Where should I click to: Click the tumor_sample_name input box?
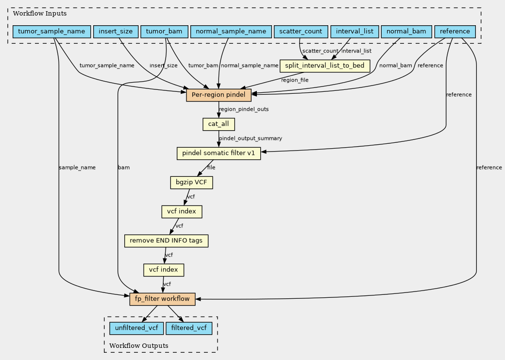pos(51,32)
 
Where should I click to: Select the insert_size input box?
pos(115,32)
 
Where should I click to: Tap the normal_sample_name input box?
pos(231,32)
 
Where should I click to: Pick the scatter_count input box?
pos(301,32)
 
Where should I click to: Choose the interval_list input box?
pos(354,32)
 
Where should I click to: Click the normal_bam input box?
pos(406,32)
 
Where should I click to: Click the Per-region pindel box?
pos(219,95)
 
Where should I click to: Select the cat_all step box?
pos(219,124)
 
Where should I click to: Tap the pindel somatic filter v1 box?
pos(219,154)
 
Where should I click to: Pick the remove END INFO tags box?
pos(167,240)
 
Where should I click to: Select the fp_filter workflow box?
pos(162,299)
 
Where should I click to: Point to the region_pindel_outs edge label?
pos(244,109)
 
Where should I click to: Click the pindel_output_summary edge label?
pos(251,138)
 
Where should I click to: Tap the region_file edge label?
pos(295,80)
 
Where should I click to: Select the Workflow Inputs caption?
pos(34,13)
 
